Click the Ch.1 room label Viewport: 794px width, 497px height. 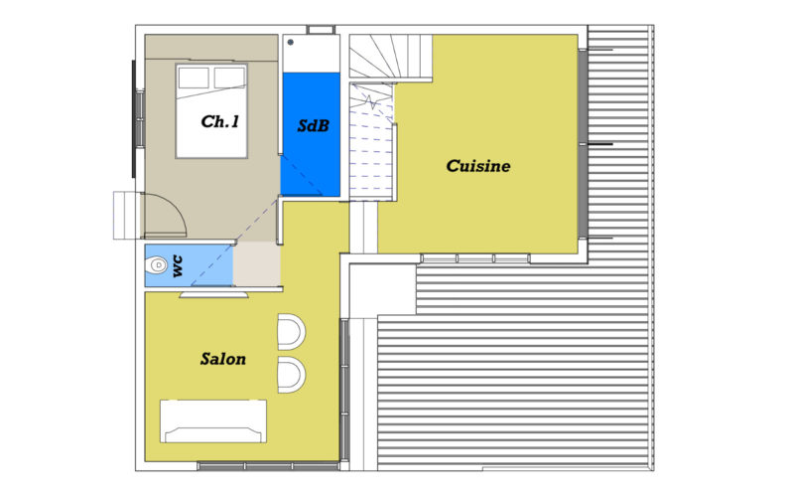point(219,122)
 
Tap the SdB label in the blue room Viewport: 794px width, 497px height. point(313,127)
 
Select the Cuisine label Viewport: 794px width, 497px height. point(477,166)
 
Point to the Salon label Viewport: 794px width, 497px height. point(222,359)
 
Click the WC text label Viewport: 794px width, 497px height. point(178,265)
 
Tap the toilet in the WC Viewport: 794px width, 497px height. point(156,266)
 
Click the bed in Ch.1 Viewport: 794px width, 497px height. point(210,111)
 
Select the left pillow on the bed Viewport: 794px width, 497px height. point(194,77)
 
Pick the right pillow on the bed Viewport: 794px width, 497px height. point(228,77)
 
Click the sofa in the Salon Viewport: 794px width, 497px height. point(214,420)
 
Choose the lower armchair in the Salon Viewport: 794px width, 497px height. point(291,374)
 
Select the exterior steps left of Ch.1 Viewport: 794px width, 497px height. point(127,215)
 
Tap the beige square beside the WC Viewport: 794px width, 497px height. point(256,265)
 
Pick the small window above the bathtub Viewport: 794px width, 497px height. point(321,29)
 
